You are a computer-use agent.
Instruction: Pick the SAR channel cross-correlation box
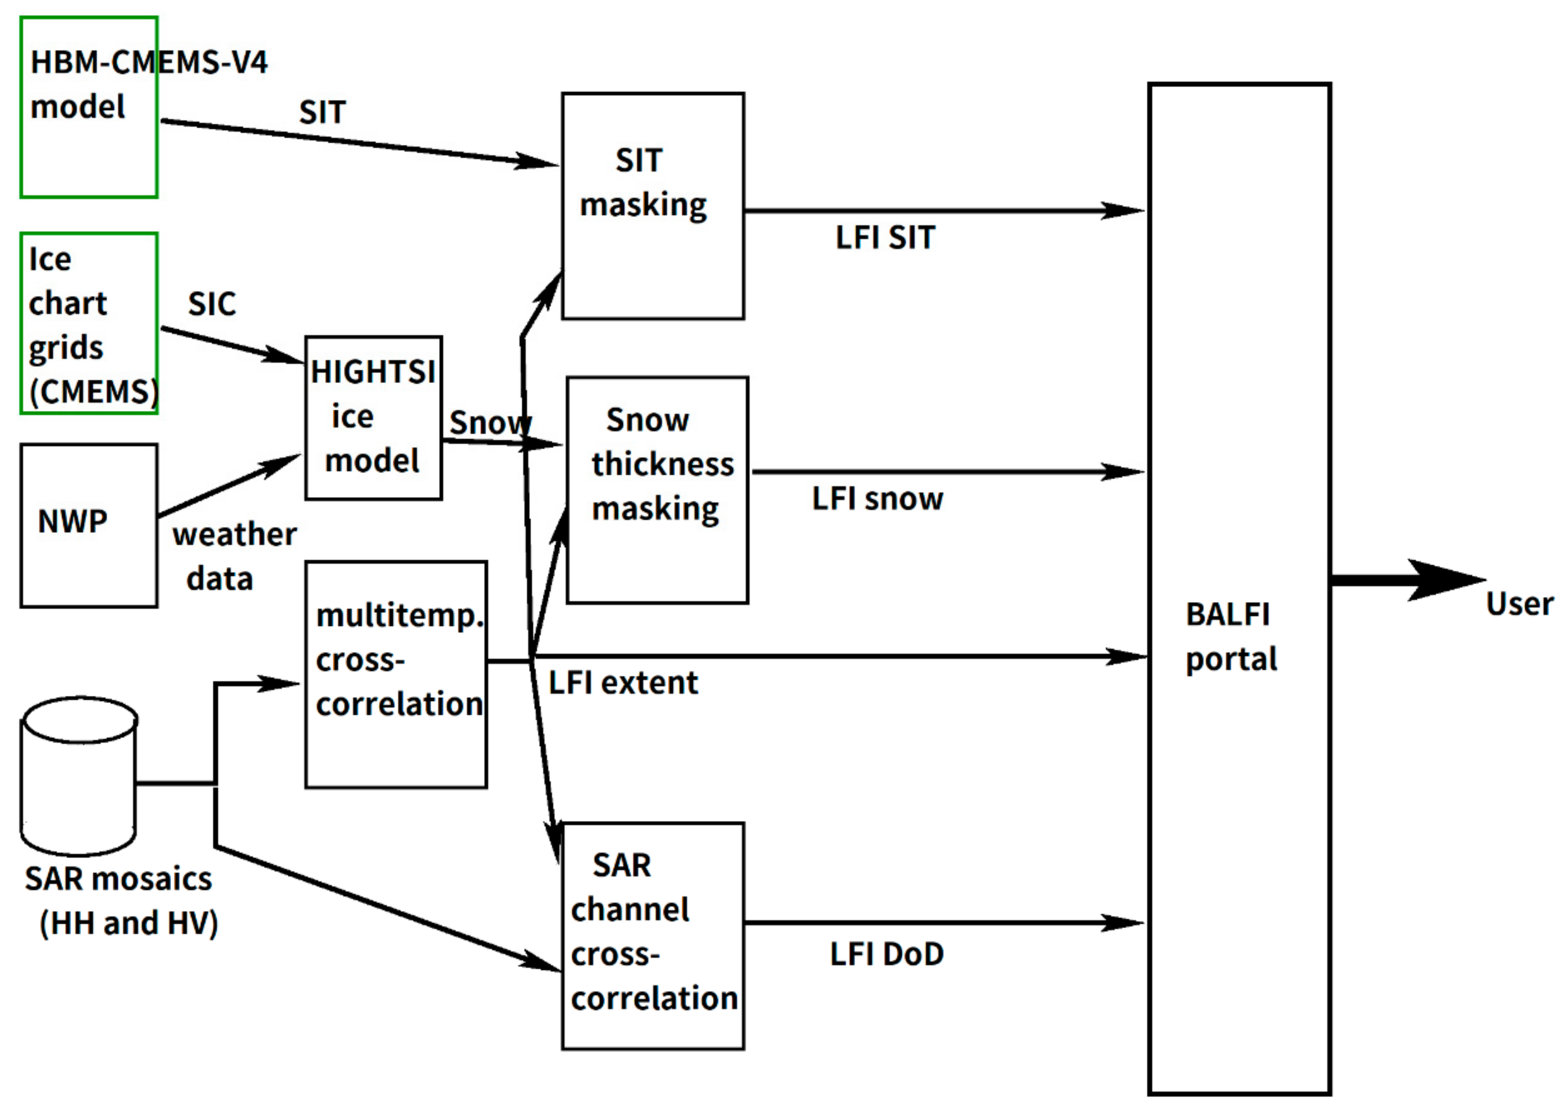[652, 935]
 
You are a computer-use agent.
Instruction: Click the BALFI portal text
[1231, 636]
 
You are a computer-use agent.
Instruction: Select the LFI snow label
[877, 499]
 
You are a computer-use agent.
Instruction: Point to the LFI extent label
[623, 683]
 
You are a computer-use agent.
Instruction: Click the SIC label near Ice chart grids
[212, 304]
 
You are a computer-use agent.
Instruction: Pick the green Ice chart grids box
[88, 323]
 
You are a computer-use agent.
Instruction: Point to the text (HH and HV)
[128, 923]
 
